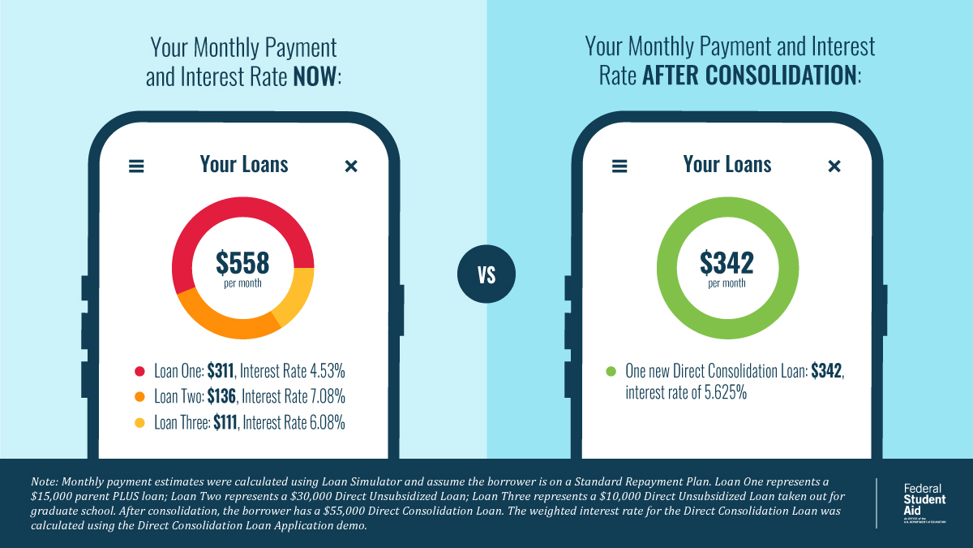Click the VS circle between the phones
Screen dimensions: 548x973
(x=486, y=274)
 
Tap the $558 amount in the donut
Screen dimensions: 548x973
(x=242, y=262)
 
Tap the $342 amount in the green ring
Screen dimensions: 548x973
(x=727, y=262)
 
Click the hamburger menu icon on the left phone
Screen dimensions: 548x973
(x=136, y=166)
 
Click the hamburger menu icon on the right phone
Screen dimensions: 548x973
(x=619, y=166)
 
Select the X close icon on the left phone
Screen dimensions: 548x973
(x=351, y=166)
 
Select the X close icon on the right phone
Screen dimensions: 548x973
(x=834, y=166)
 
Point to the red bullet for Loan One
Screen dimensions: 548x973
(x=139, y=372)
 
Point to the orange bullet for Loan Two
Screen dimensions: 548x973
(x=139, y=397)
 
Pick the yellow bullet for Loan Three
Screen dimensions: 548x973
(x=139, y=422)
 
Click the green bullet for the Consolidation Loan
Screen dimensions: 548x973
(x=611, y=372)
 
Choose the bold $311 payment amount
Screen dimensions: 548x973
(x=221, y=372)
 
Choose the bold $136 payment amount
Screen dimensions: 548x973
(x=221, y=397)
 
